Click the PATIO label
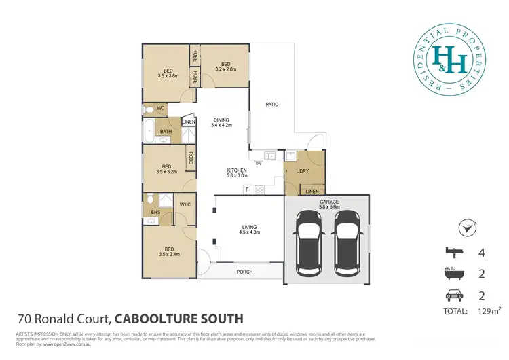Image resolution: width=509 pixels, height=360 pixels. (272, 104)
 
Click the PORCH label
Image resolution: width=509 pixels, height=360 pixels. (244, 272)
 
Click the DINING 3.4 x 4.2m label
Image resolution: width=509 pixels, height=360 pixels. (222, 122)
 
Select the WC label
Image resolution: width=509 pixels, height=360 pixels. (162, 108)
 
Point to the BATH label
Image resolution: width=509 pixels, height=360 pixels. (166, 132)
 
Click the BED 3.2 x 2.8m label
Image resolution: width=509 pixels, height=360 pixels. (226, 67)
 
